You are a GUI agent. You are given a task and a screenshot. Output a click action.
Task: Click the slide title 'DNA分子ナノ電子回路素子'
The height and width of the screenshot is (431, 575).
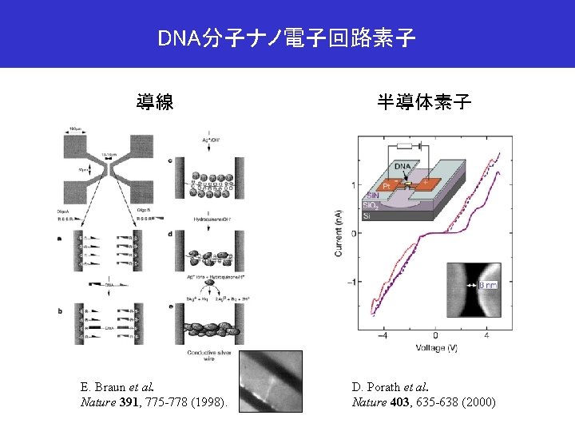(x=287, y=38)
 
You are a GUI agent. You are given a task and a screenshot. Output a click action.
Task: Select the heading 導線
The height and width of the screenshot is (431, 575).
(x=155, y=101)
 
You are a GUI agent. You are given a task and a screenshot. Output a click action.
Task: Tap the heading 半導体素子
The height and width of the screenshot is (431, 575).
(x=424, y=101)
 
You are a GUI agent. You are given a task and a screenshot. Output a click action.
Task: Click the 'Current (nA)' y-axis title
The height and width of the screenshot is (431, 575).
(x=338, y=234)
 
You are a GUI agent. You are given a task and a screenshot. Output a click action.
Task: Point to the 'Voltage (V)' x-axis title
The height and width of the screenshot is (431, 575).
(x=435, y=347)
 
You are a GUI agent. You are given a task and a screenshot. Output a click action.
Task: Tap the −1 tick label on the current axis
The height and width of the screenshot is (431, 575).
(x=351, y=282)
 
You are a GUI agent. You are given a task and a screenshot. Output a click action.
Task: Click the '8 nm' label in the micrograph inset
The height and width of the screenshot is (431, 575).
(x=486, y=283)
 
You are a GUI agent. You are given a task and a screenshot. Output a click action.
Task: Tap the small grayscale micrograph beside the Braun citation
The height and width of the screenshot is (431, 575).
(x=272, y=381)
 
